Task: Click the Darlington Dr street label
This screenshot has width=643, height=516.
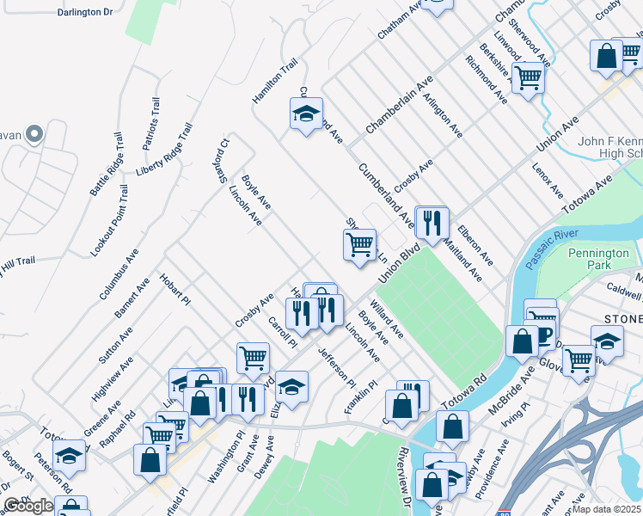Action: coord(84,13)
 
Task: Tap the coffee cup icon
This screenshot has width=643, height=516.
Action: coord(543,336)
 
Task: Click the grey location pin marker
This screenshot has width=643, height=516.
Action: coord(34,133)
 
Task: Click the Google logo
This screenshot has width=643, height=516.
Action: coord(28,506)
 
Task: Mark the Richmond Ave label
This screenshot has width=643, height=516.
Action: coord(486,80)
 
